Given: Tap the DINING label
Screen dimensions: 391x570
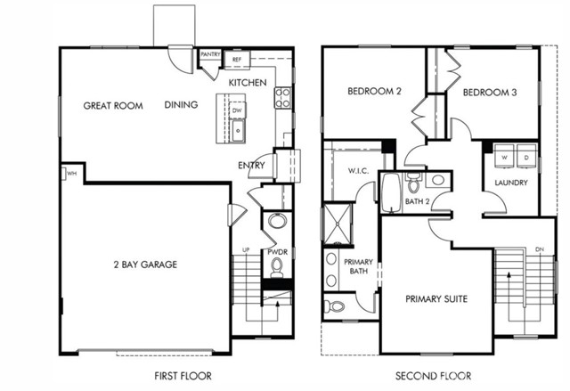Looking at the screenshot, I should click(181, 105).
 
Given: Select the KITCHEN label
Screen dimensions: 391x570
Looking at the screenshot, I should click(248, 82).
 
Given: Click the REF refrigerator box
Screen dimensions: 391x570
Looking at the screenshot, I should click(237, 60).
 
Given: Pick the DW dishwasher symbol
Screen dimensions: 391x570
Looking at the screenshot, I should click(237, 110).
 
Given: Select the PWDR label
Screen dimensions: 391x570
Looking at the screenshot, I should click(277, 252).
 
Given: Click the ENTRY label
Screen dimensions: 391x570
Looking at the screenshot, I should click(252, 166).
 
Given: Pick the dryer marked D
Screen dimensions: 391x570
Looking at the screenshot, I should click(525, 156).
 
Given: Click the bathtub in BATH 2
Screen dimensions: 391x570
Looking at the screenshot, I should click(391, 191).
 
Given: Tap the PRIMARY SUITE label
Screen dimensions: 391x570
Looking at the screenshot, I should click(436, 299).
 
